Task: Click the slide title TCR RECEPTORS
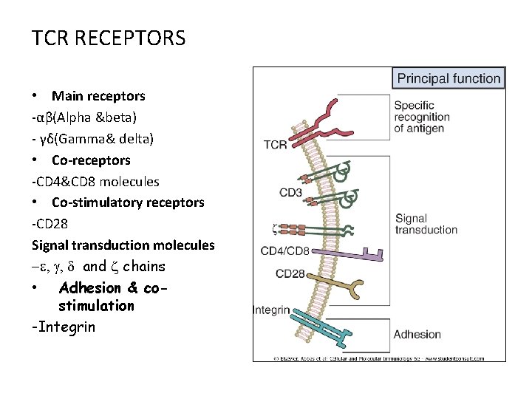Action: coord(109,38)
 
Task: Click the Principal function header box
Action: coord(449,78)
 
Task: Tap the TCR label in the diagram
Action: coord(275,145)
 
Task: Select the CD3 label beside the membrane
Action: coord(290,194)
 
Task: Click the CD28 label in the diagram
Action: coord(290,274)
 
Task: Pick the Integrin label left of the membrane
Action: coord(271,310)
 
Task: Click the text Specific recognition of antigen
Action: coord(421,117)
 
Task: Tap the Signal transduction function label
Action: coord(426,224)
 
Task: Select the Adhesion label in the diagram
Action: coord(417,335)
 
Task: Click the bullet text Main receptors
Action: coord(98,96)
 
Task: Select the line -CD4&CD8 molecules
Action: coord(95,182)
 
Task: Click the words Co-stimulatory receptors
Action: coord(128,202)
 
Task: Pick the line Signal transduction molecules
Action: coord(123,245)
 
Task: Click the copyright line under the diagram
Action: coord(379,358)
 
